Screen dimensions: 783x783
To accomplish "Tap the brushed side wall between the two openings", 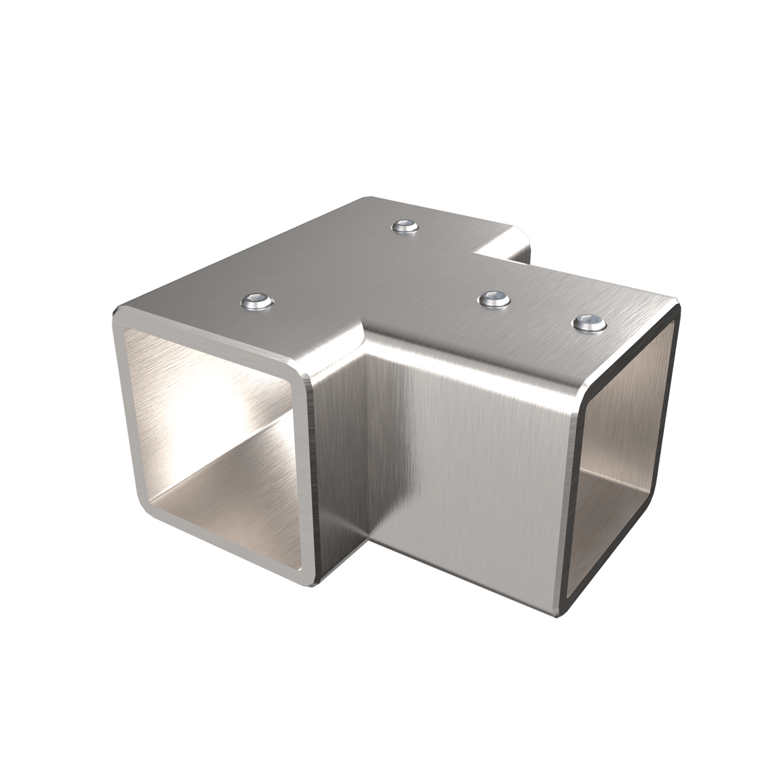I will (x=465, y=477).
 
